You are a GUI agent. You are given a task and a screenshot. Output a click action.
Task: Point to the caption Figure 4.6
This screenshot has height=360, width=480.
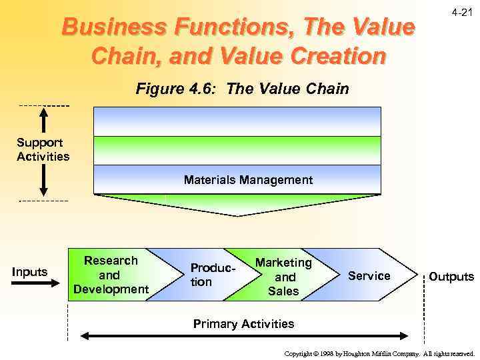[242, 89]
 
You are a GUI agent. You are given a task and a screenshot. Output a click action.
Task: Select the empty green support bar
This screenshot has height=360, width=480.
[237, 150]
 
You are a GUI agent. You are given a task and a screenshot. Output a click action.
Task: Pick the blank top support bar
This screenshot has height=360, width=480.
[237, 121]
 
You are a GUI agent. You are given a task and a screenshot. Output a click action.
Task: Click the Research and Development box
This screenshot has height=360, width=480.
[111, 275]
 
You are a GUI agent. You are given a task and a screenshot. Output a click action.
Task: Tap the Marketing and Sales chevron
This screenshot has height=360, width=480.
[283, 276]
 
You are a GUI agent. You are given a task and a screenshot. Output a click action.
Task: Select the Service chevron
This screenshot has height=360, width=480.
[369, 275]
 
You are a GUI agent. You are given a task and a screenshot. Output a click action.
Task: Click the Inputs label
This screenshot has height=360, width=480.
[30, 271]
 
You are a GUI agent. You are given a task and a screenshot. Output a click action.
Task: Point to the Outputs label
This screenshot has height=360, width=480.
[451, 276]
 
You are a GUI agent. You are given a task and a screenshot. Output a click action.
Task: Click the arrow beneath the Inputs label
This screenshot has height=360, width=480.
[36, 283]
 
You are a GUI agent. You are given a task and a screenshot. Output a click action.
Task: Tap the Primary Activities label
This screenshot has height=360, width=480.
[243, 324]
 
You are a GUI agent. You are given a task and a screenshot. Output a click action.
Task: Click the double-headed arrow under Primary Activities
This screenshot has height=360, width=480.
[245, 337]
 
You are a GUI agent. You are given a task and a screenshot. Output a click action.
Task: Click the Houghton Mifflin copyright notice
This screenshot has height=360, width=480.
[379, 353]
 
